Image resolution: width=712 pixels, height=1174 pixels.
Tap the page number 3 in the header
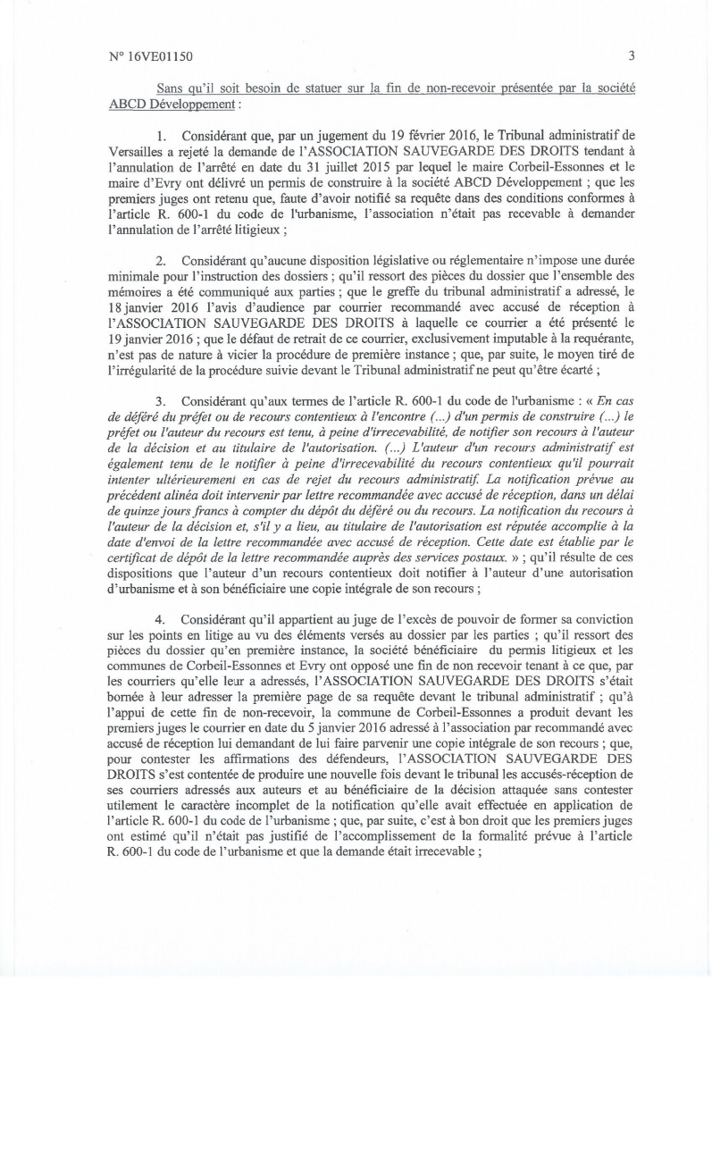631,55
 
